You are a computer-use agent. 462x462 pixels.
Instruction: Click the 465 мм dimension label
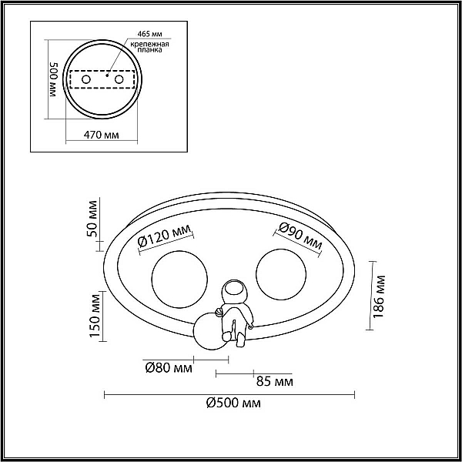pos(150,34)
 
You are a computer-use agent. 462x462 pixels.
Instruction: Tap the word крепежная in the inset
pos(149,44)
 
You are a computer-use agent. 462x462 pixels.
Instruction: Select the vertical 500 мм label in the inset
pos(53,80)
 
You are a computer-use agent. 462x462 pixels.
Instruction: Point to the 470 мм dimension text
pos(102,135)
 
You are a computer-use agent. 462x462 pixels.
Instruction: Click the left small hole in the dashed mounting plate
pos(86,79)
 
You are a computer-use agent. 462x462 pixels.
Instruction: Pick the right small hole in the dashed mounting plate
pos(119,79)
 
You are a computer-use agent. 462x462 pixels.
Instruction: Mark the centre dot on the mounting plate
pos(107,75)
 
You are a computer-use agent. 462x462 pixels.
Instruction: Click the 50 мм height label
pos(92,219)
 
